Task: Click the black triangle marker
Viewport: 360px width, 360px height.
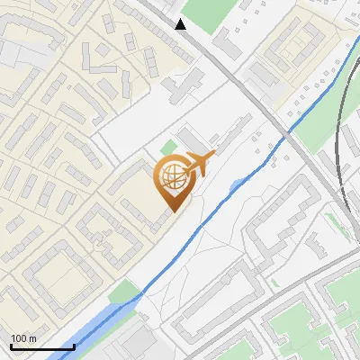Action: click(x=181, y=24)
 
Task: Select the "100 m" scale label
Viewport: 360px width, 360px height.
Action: click(x=23, y=338)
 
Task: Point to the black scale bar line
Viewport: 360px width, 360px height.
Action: click(x=41, y=346)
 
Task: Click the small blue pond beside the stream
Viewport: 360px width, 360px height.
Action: click(x=237, y=184)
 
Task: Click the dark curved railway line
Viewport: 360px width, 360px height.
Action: click(x=339, y=153)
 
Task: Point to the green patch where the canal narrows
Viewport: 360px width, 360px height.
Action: click(x=126, y=291)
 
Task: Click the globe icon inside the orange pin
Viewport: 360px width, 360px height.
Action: click(x=173, y=178)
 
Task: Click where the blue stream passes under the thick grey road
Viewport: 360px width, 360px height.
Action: click(x=286, y=134)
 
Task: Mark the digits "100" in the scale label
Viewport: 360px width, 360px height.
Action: click(x=19, y=338)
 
